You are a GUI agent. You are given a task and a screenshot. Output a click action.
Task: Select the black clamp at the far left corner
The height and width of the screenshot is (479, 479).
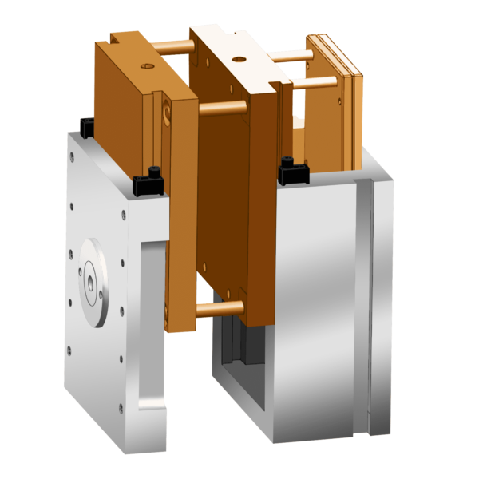[85, 124]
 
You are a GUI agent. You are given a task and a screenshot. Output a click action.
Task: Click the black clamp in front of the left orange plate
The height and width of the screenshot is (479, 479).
[149, 182]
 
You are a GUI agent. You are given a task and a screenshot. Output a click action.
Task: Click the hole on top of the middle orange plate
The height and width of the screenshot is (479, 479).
[237, 59]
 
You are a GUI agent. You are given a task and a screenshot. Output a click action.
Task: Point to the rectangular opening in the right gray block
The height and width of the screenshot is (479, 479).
[239, 375]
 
